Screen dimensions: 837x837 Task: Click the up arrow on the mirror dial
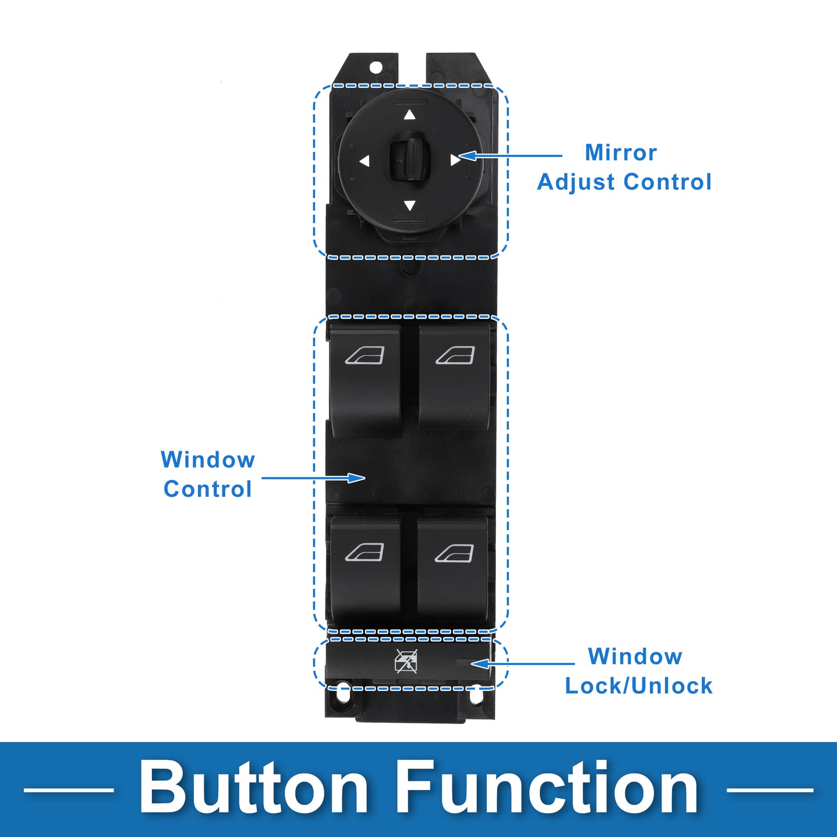tap(410, 115)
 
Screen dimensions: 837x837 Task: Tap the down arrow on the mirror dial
tap(410, 206)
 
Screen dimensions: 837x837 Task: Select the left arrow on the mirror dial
tap(364, 161)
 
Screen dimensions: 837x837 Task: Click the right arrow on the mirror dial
tap(455, 160)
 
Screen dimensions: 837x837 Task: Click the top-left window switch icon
tap(364, 356)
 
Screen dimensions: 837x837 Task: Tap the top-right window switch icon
tap(455, 356)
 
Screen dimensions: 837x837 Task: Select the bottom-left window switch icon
tap(364, 553)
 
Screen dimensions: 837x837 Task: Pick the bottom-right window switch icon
tap(454, 553)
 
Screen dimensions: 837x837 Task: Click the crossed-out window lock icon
tap(406, 661)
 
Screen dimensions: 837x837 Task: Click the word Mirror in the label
tap(621, 152)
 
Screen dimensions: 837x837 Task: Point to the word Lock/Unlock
tap(638, 686)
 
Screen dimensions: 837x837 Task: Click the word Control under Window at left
tap(207, 489)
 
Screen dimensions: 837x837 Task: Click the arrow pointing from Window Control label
tap(313, 478)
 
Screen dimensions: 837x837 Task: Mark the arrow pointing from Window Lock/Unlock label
tap(522, 664)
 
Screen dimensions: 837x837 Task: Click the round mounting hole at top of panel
tap(375, 67)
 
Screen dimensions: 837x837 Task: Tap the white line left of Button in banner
tap(68, 790)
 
